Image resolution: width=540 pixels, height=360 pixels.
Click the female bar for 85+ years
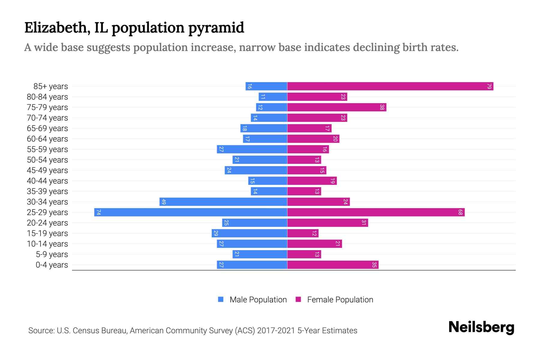[390, 86]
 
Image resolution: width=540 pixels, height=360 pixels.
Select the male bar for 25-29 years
[191, 212]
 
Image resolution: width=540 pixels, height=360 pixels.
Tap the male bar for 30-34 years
[223, 202]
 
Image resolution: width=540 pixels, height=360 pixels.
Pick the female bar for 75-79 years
[337, 107]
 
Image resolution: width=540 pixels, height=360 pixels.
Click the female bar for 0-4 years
[333, 265]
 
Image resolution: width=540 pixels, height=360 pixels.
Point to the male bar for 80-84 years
[273, 97]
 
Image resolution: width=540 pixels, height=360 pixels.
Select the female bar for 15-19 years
[303, 233]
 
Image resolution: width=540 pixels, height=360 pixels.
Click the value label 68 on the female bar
[460, 212]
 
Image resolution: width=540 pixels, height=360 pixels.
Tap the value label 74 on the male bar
[98, 212]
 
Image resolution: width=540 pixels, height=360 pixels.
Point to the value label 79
[489, 86]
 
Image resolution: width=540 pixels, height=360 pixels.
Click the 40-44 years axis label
[47, 181]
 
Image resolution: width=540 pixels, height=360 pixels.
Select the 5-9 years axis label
[52, 254]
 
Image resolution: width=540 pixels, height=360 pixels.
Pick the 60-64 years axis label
[47, 139]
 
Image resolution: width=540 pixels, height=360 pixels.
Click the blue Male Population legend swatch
[221, 299]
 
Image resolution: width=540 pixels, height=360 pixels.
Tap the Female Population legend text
[340, 300]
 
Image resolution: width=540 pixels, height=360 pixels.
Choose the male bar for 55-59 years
[252, 149]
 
